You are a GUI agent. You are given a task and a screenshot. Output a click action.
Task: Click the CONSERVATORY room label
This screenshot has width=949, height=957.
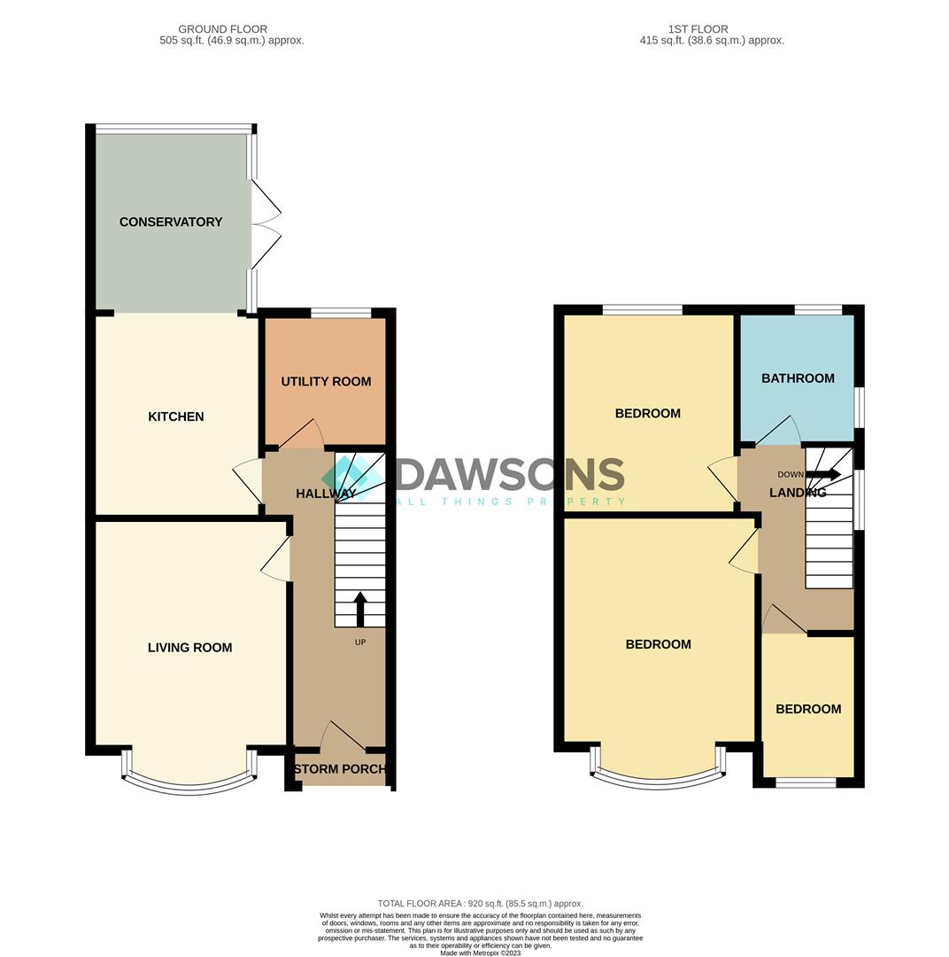[171, 222]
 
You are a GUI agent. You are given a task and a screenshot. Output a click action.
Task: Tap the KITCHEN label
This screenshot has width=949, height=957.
[176, 416]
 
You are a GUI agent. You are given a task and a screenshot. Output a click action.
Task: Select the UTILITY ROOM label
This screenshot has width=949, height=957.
[326, 382]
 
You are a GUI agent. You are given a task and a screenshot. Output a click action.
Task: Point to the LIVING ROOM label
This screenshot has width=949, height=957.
[189, 648]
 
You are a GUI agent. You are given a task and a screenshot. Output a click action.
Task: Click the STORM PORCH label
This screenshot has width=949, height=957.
[340, 769]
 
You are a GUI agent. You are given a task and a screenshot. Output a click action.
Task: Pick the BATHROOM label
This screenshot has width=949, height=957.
[798, 378]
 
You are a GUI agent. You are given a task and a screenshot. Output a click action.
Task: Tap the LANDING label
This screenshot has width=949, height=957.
[797, 493]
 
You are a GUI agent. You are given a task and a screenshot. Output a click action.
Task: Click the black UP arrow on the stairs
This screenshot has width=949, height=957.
[360, 609]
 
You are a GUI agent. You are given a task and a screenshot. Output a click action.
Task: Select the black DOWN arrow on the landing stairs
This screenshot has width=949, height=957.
[823, 475]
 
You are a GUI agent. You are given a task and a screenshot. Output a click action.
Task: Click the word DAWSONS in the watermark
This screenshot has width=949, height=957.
[511, 475]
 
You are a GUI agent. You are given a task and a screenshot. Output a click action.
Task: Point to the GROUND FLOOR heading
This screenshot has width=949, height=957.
[222, 29]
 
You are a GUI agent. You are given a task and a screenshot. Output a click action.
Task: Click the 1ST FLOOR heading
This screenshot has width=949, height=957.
[699, 29]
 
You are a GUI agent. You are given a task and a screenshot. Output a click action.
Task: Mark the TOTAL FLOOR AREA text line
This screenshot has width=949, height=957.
[480, 904]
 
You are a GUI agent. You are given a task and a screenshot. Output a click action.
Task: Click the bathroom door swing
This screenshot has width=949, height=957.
[778, 431]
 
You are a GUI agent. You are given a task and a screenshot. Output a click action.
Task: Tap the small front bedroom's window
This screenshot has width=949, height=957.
[806, 782]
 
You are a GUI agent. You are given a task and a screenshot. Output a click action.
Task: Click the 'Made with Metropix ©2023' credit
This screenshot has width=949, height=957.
[480, 953]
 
